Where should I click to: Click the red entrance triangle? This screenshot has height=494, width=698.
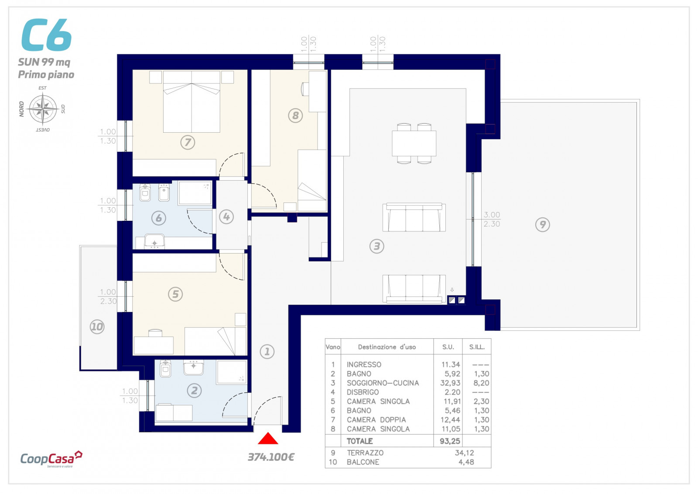coord(268,439)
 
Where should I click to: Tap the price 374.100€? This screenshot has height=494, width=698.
coord(271,457)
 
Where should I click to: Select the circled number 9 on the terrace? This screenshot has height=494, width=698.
coord(543,224)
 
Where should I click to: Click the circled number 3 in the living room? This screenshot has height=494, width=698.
coord(377,246)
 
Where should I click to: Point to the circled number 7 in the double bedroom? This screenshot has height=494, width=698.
coord(188,142)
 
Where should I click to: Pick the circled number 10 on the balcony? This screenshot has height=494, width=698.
coord(97,326)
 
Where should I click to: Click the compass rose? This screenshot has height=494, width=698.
coord(43,109)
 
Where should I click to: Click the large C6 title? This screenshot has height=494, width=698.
coord(47,34)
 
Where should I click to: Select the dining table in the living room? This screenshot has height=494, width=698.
coord(414,144)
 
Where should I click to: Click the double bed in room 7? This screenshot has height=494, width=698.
coord(192,102)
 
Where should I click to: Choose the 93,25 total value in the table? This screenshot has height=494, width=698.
coord(450,441)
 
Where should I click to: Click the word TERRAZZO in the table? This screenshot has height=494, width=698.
coord(365,453)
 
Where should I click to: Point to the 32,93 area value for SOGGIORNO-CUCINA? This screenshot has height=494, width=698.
coord(450,383)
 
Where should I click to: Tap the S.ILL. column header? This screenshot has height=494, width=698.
coord(477,347)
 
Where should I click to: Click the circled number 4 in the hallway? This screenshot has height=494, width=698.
coord(226,216)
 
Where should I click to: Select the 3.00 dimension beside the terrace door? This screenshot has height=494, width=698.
coord(492,215)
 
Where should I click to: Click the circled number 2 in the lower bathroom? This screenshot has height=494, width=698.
coord(195,390)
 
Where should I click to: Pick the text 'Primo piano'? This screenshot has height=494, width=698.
coord(46,75)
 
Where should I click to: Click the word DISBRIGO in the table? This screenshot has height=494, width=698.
coord(363,392)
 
